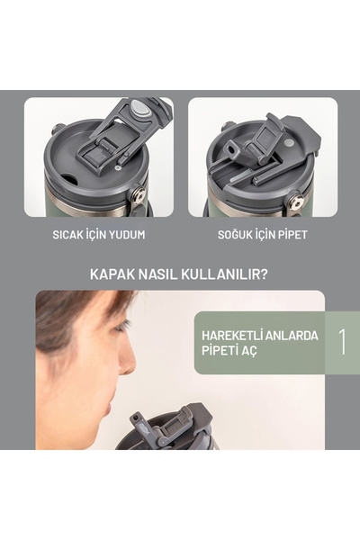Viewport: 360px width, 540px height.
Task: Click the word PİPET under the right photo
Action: [292, 235]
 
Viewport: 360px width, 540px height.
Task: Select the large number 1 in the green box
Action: [342, 341]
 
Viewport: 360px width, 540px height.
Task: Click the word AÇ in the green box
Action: [250, 352]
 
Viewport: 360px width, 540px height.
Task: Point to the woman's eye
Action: [121, 326]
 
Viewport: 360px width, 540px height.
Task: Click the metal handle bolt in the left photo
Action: [139, 194]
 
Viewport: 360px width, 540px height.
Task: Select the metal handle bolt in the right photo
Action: [296, 202]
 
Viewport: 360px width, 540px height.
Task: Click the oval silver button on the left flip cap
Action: [139, 107]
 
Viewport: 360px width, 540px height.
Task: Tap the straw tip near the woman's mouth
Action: [135, 419]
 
